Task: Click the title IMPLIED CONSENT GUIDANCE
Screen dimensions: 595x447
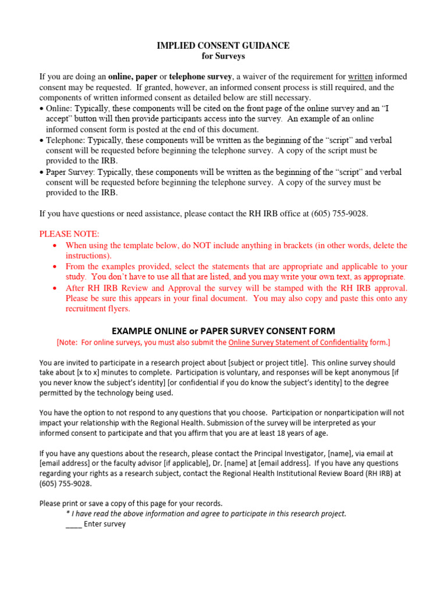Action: point(223,45)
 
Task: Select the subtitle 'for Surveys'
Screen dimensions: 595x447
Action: point(223,56)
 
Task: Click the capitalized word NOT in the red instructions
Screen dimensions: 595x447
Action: point(199,245)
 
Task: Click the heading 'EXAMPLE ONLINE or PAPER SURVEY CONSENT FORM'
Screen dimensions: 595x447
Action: point(223,330)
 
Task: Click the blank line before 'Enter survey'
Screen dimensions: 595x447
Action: point(73,524)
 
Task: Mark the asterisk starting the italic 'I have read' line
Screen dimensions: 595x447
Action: point(68,513)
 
